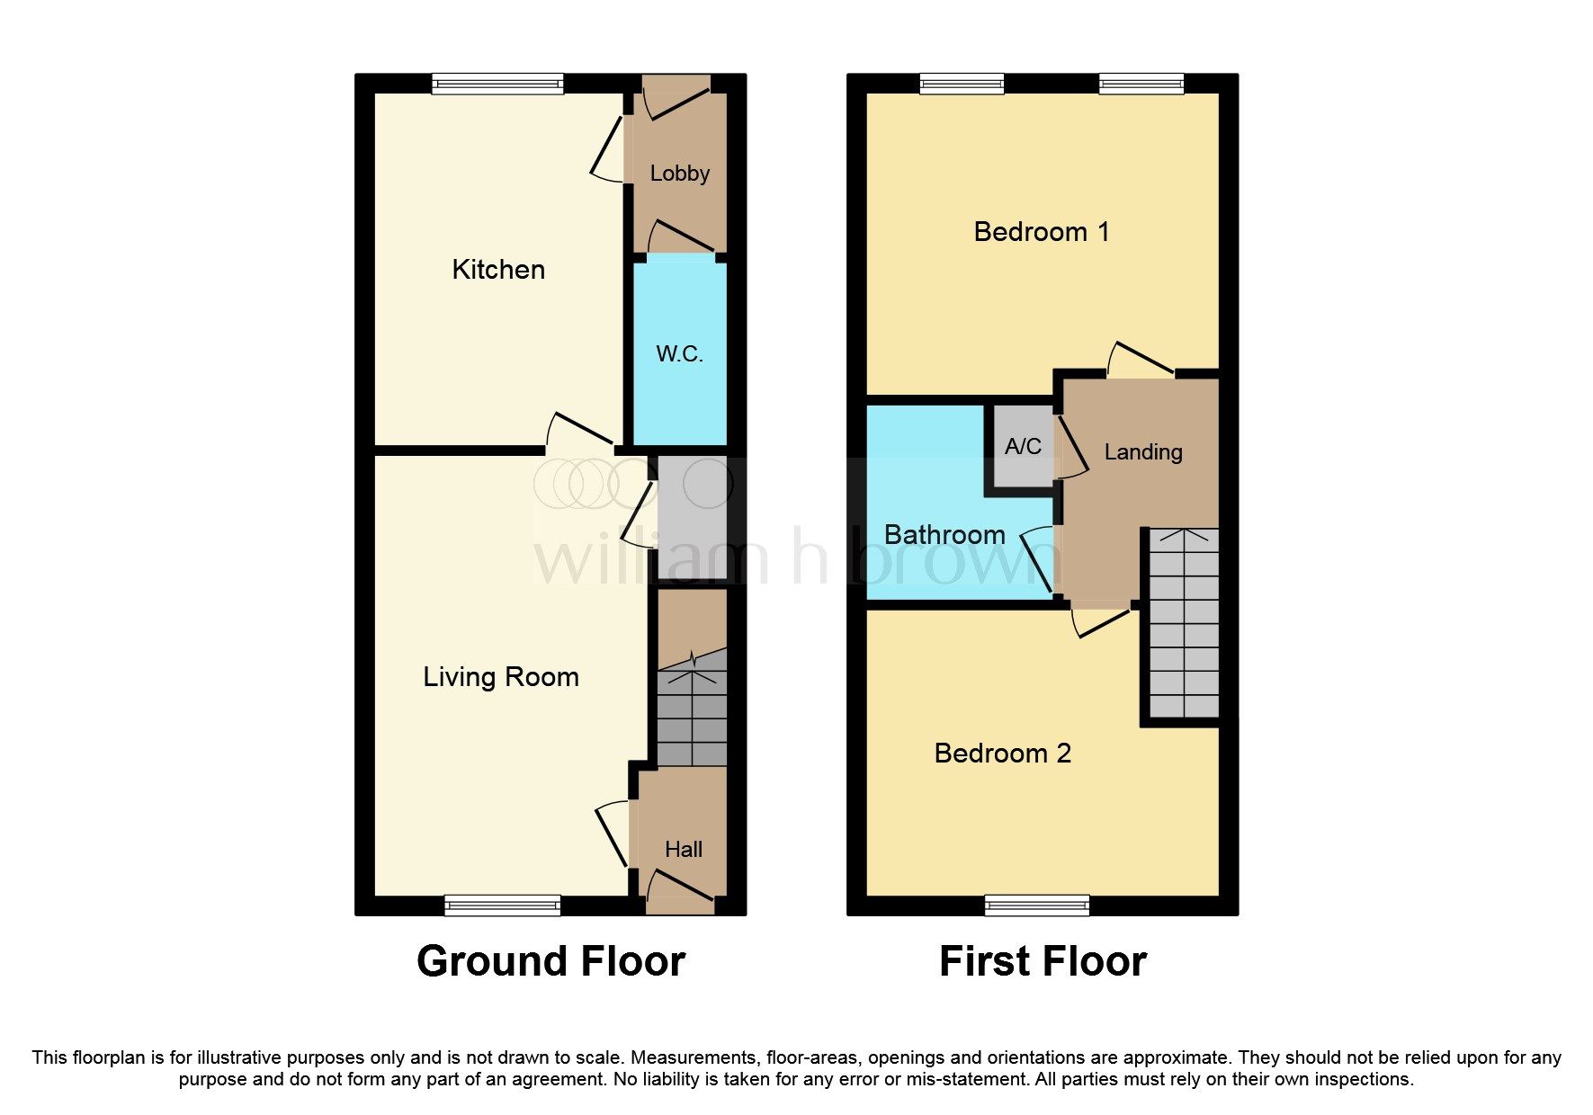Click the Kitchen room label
tap(498, 270)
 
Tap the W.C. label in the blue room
tap(679, 354)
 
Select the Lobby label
tap(679, 174)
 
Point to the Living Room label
tap(501, 677)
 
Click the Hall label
tap(684, 850)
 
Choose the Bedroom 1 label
tap(1042, 232)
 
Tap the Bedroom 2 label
tap(1003, 754)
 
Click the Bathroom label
tap(944, 535)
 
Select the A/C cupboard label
tap(1023, 447)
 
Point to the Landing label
tap(1143, 452)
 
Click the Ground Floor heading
tap(550, 961)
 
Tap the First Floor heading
tap(1043, 961)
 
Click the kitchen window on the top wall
tap(497, 85)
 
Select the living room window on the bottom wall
tap(503, 905)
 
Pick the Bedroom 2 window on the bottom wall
tap(1037, 905)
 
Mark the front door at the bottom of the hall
tap(681, 890)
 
